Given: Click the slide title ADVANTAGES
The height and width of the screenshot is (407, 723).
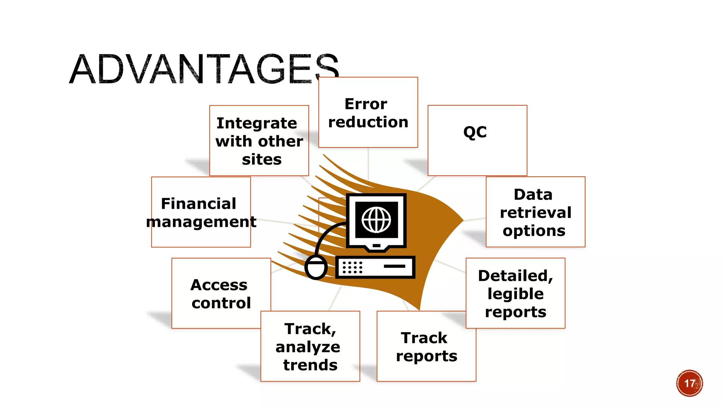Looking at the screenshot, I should tap(204, 69).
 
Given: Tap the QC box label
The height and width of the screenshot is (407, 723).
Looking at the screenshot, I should tap(475, 132).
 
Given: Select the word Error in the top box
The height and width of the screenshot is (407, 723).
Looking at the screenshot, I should tap(366, 104).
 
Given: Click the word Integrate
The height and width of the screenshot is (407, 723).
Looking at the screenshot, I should tap(257, 124).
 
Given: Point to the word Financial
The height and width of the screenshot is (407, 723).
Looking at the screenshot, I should tap(198, 204).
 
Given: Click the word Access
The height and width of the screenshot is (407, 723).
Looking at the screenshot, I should tap(219, 285).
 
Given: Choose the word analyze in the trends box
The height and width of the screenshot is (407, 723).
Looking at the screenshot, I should tap(308, 347).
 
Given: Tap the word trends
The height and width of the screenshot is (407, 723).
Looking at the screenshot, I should tap(310, 365).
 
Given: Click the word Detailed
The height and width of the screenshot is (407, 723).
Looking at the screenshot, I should tap(515, 276).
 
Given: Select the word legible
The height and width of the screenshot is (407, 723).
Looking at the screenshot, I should tap(515, 294).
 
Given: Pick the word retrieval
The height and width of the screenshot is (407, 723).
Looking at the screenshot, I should tap(536, 213).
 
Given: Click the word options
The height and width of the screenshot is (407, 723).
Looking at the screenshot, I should tap(534, 231).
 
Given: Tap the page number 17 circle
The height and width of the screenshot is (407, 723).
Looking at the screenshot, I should tap(689, 383).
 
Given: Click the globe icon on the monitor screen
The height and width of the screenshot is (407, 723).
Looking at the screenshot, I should tap(376, 220).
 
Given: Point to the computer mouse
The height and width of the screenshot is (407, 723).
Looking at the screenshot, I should tap(316, 267).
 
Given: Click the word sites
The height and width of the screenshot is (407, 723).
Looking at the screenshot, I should tap(262, 160).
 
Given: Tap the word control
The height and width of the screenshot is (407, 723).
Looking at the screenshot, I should tap(221, 303).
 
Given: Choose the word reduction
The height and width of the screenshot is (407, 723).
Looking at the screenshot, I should tap(368, 122).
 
